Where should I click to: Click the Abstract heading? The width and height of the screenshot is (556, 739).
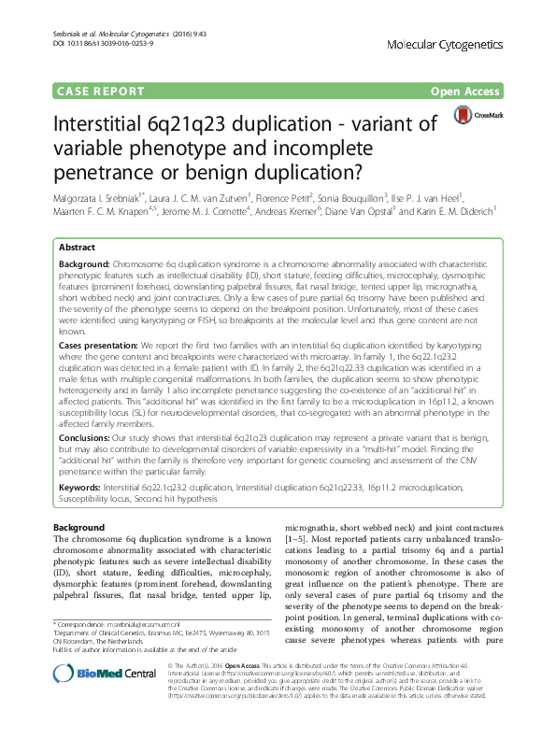77,248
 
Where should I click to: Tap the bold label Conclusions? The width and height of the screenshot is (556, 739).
87,435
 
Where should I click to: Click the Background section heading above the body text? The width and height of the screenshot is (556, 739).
78,528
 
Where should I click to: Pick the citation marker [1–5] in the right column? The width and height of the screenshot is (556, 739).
295,539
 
